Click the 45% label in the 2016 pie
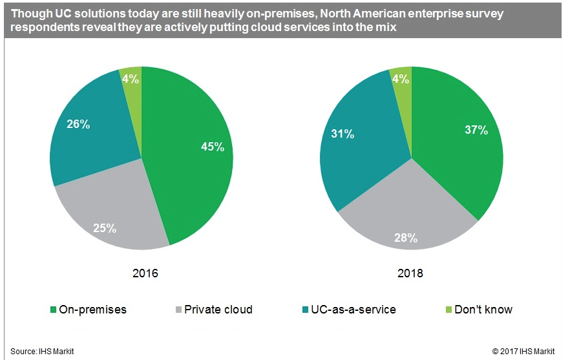(x=212, y=147)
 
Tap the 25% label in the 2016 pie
(x=105, y=228)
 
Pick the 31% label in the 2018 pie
(x=343, y=134)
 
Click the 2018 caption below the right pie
(x=411, y=273)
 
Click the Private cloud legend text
(x=218, y=310)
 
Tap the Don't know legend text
(x=483, y=310)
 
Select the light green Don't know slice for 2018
(x=403, y=76)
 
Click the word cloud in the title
(x=295, y=28)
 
